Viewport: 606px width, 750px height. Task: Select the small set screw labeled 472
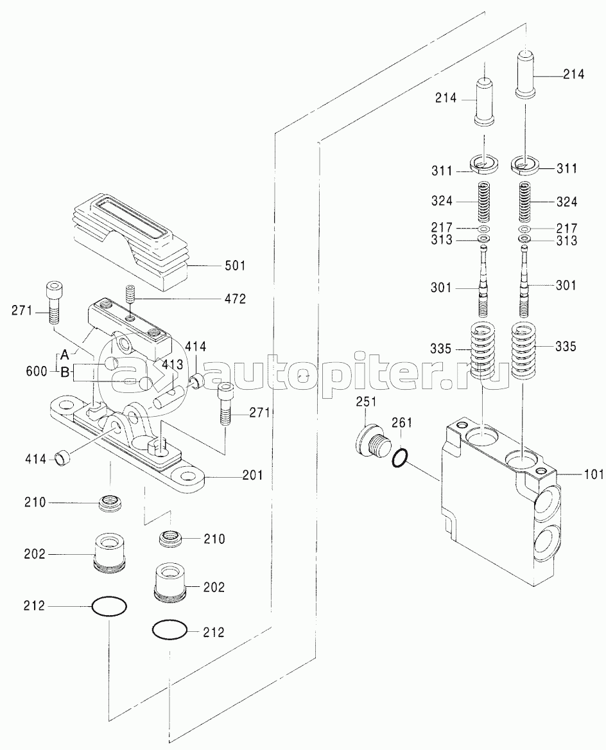point(130,295)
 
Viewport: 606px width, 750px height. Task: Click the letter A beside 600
point(64,352)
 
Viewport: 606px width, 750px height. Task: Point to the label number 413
point(168,363)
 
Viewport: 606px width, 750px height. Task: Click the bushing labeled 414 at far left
point(63,458)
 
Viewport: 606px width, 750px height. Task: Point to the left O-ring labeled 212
point(109,605)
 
